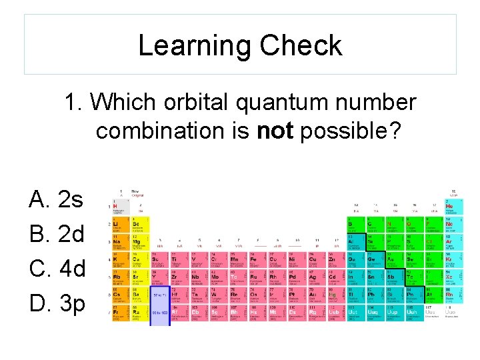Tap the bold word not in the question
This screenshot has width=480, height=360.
[x=275, y=131]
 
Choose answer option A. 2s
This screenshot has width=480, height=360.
[x=57, y=199]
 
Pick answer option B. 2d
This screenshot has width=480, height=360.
[x=57, y=234]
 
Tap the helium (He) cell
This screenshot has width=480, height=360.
[x=453, y=208]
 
